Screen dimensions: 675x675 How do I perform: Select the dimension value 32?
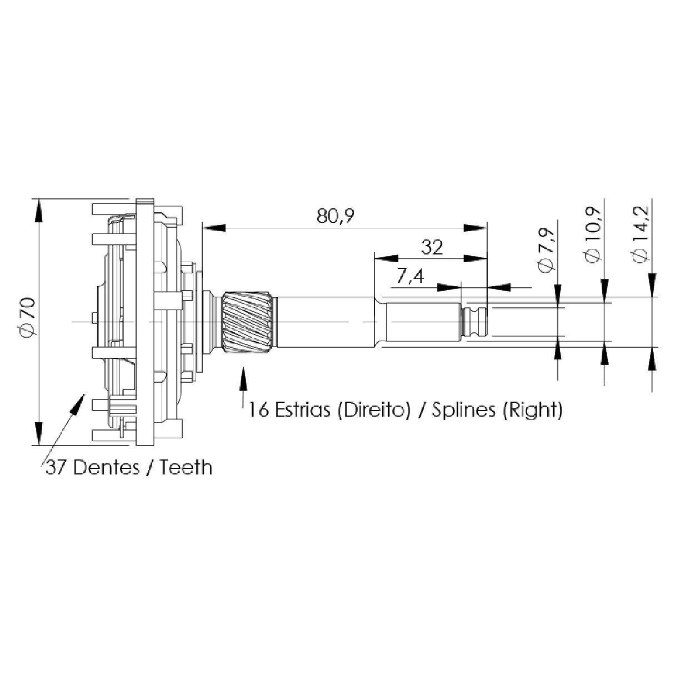[432, 247]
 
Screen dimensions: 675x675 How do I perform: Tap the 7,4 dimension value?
[410, 277]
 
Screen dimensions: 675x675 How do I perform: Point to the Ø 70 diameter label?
[28, 316]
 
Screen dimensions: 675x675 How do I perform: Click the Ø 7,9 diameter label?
[547, 250]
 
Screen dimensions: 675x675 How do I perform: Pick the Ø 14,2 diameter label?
[641, 234]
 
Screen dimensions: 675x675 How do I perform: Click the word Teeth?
[186, 467]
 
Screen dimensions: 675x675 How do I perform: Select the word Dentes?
[107, 467]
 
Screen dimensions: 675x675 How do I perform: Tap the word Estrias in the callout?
[303, 409]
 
